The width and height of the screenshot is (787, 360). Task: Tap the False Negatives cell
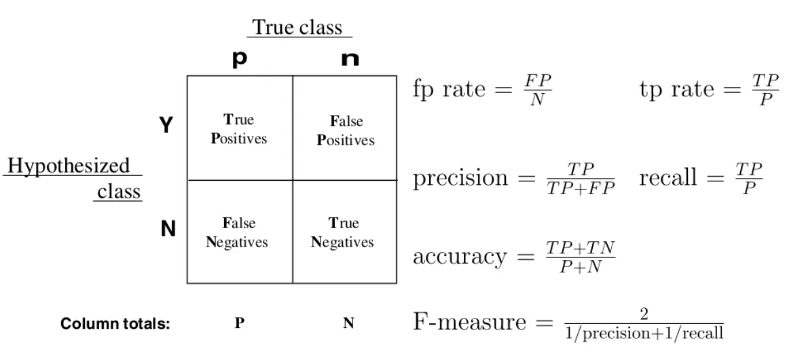pos(238,232)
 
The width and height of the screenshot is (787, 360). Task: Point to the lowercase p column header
pos(239,60)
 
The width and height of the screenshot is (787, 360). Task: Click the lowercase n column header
pos(350,60)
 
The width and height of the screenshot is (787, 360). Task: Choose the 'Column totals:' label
pos(115,324)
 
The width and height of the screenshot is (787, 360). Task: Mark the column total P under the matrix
pos(239,324)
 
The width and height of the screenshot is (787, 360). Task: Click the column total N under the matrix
pos(348,324)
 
